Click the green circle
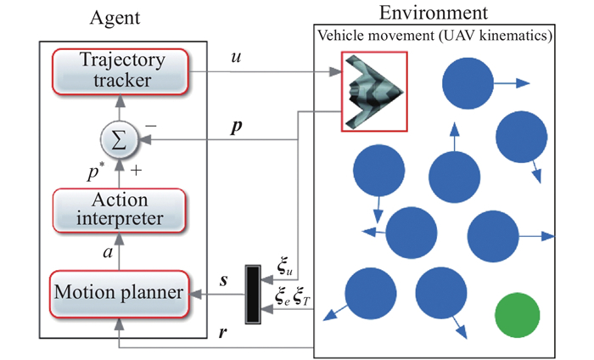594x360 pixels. (517, 315)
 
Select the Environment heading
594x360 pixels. (435, 12)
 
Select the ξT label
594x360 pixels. (306, 296)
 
